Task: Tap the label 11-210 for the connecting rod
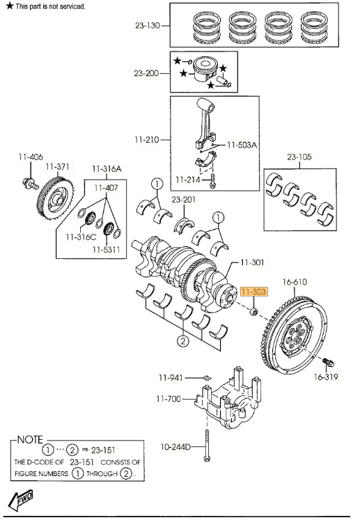click(x=147, y=139)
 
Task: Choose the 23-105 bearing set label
click(x=301, y=157)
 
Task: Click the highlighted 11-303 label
click(x=253, y=294)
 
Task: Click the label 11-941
click(x=170, y=378)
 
